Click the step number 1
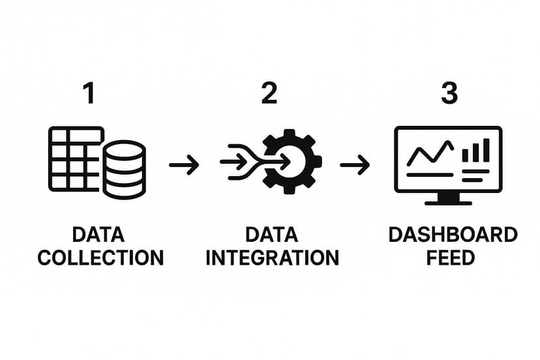point(89,94)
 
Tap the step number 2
point(269,94)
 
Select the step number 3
point(449,94)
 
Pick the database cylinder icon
point(124,169)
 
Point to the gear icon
point(292,160)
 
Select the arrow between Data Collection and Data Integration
point(184,165)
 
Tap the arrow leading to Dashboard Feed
point(355,165)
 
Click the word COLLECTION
point(100,257)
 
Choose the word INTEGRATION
point(273,257)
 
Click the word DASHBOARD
point(453,235)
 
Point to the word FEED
point(450,257)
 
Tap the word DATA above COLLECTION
point(98,235)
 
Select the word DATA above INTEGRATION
point(272,235)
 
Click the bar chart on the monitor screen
point(475,151)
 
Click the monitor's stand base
point(448,202)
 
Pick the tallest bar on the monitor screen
point(486,149)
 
